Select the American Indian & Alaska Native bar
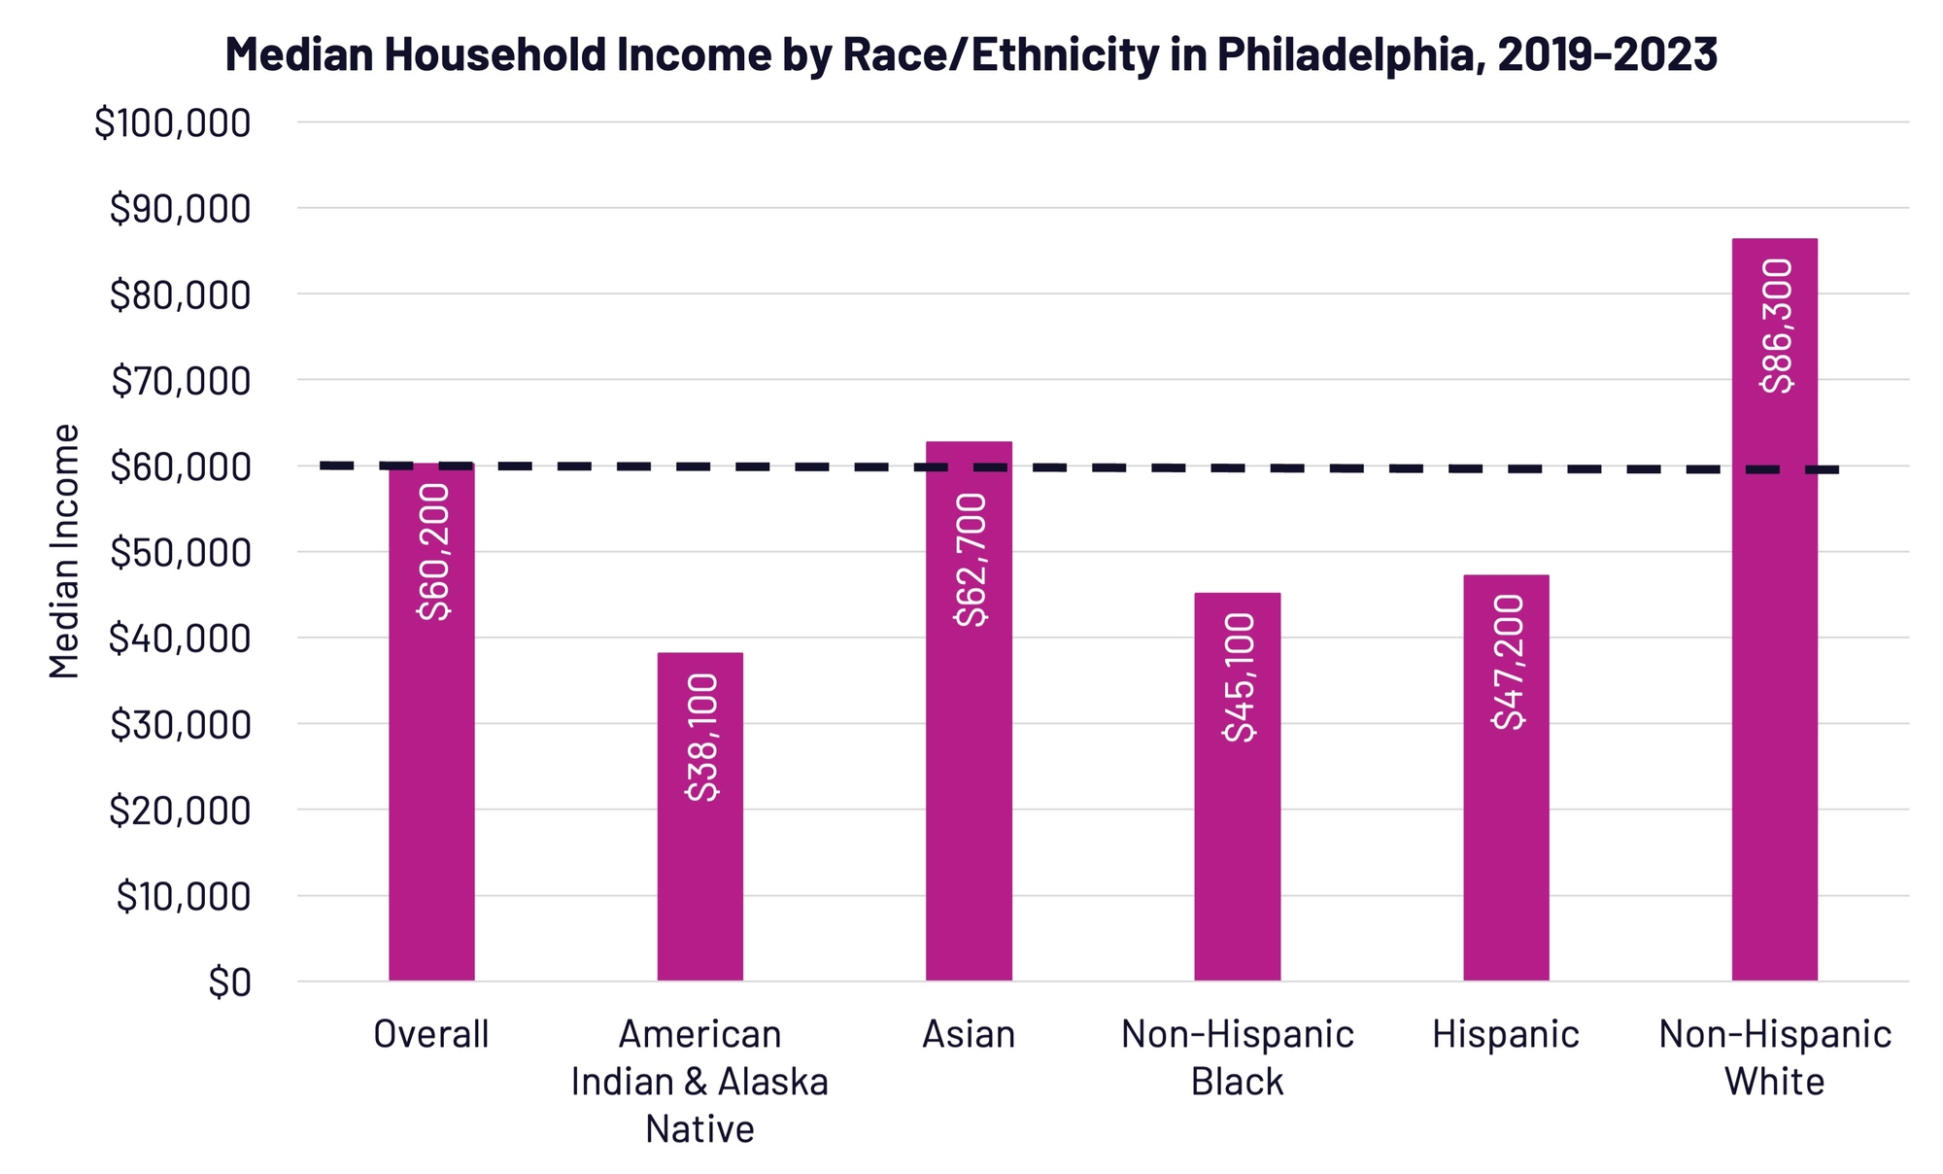pos(699,875)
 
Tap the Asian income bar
pos(969,777)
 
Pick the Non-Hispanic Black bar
pos(1237,855)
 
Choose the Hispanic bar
pos(1506,846)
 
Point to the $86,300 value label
pos(1777,326)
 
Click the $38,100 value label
pos(701,737)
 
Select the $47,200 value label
pos(1508,661)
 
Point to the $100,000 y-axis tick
pos(173,123)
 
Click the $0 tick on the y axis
pos(229,983)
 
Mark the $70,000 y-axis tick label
pos(181,381)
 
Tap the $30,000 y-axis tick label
pos(181,725)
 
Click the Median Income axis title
pos(64,551)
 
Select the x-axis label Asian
pos(969,1034)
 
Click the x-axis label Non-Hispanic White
pos(1774,1057)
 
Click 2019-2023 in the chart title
pos(1607,54)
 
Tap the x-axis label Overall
pos(431,1034)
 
